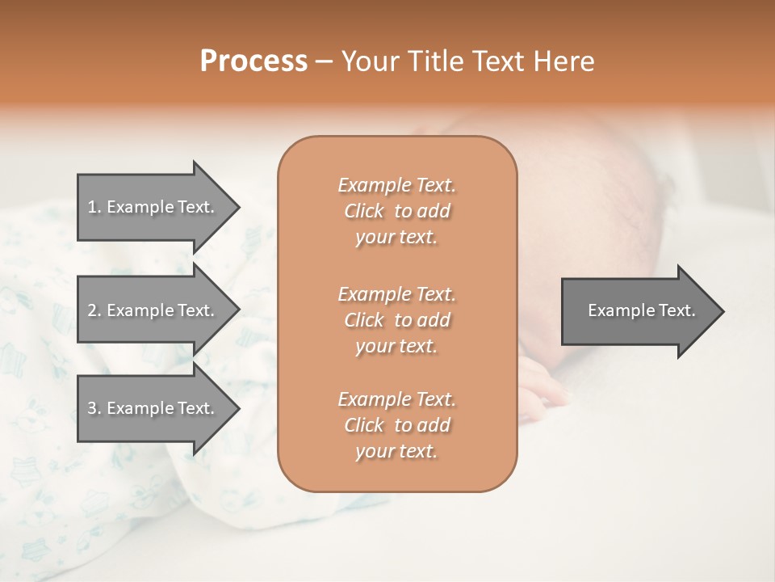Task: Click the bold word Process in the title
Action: click(x=253, y=61)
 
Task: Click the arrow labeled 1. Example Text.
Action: click(x=153, y=207)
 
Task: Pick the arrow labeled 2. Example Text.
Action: click(x=153, y=310)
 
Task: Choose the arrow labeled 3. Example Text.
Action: click(x=153, y=408)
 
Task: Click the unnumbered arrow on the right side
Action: click(x=638, y=310)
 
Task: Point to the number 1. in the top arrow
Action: click(x=94, y=207)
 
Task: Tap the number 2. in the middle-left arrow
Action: click(x=94, y=310)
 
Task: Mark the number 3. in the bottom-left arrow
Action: click(x=94, y=408)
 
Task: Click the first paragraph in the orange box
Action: click(x=396, y=211)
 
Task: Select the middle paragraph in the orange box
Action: click(x=396, y=320)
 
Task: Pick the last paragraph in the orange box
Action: click(x=396, y=425)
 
